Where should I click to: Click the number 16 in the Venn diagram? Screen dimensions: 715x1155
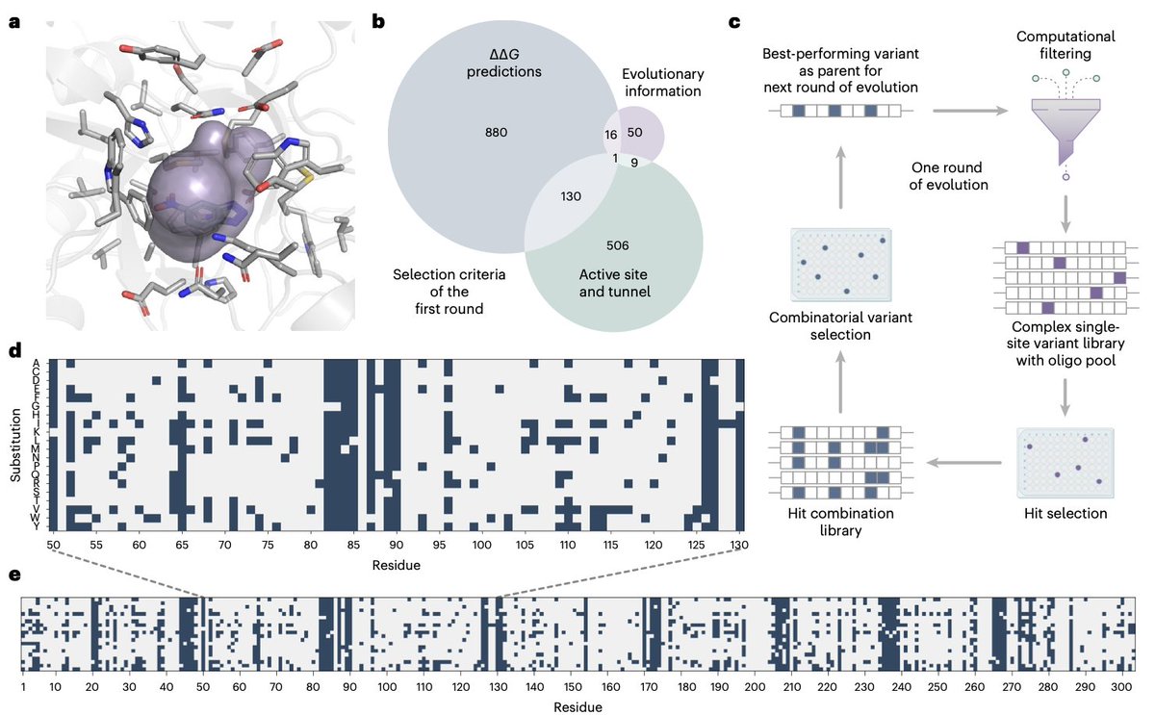(612, 136)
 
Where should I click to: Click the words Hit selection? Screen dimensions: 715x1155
(1063, 514)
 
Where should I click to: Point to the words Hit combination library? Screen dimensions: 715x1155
(837, 522)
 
